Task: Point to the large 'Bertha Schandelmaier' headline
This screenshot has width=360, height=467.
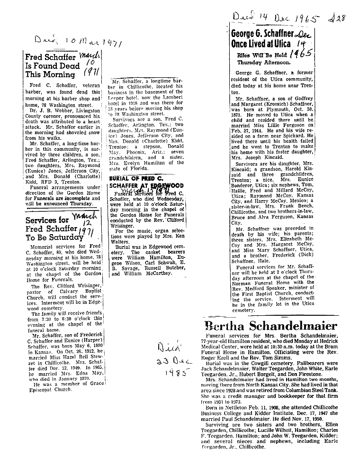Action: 271,326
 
